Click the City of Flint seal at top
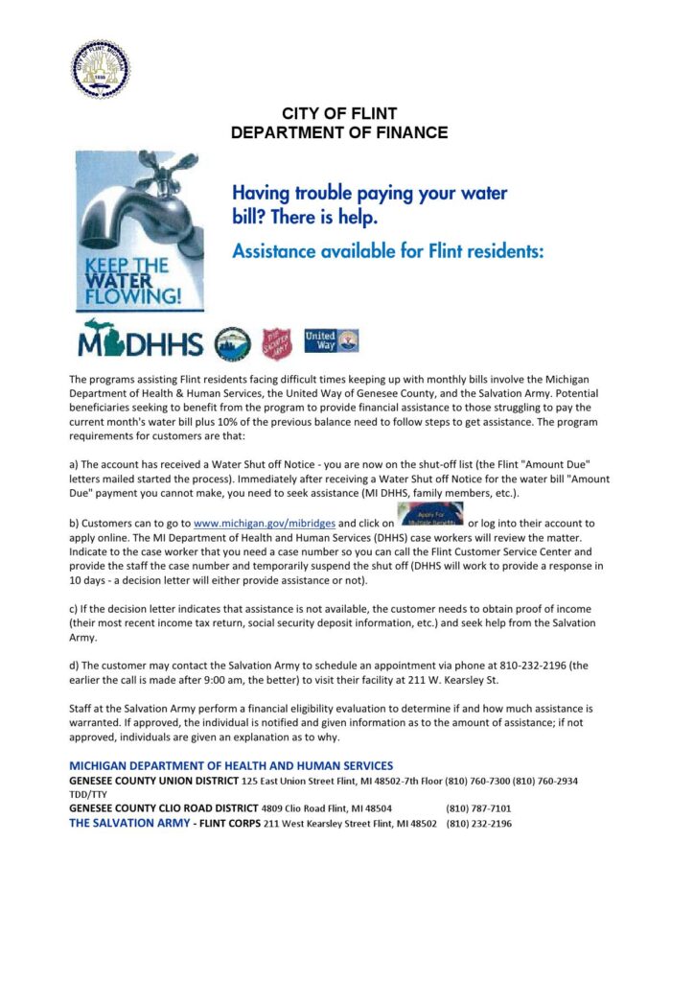(x=102, y=70)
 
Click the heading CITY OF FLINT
(x=339, y=114)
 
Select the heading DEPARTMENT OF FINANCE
(x=339, y=132)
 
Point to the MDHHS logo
(x=141, y=340)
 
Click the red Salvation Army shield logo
(x=274, y=341)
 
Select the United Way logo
(x=331, y=340)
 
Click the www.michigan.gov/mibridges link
(x=264, y=524)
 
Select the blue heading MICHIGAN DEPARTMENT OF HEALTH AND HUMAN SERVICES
(x=231, y=765)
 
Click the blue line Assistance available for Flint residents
(x=388, y=252)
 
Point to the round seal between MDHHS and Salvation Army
(x=232, y=341)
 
